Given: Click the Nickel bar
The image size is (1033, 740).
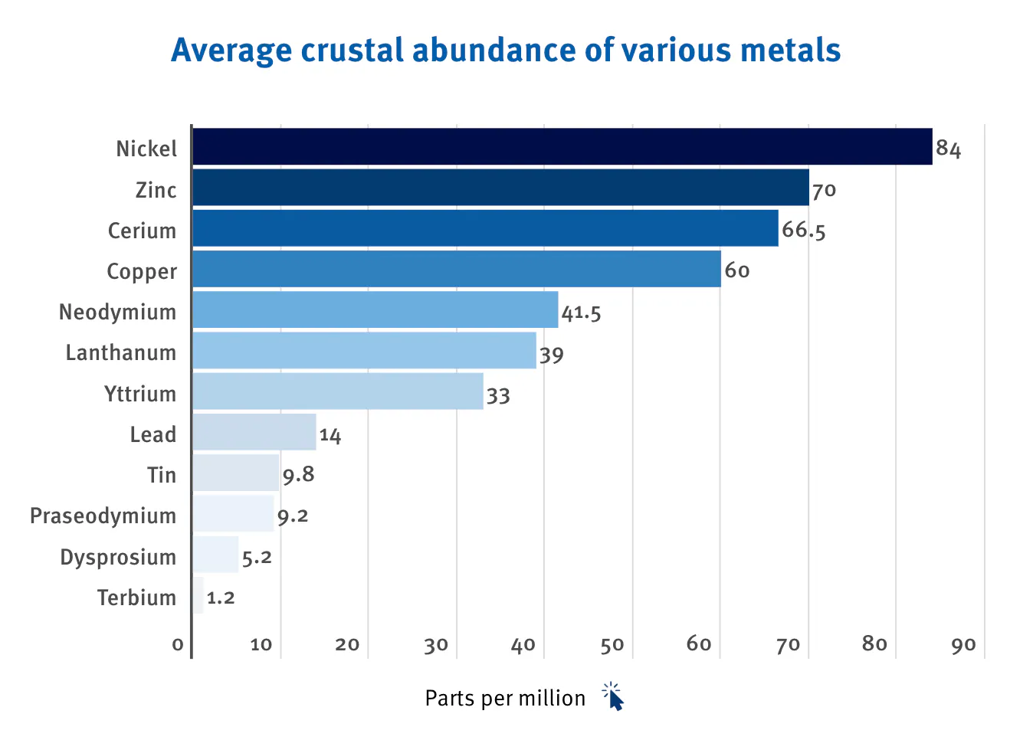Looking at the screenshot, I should pos(562,146).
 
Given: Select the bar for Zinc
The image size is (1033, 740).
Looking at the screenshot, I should pos(500,188).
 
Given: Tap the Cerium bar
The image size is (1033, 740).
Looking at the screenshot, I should pos(485,228).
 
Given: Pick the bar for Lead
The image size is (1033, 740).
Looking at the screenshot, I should pos(254,432).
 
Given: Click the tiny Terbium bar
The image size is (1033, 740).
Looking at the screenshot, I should pos(198,595).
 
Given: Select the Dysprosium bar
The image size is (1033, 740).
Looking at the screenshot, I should pos(215,555).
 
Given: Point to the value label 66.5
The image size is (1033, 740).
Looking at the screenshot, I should pos(803,230).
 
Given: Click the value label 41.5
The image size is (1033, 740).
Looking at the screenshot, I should pos(581,313).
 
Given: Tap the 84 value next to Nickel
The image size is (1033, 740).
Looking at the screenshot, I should pos(948,149).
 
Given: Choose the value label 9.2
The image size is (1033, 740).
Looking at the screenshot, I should pos(293,516).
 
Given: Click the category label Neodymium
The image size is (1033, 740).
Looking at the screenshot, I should pos(118,313).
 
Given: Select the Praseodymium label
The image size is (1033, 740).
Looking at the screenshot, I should pos(103,516).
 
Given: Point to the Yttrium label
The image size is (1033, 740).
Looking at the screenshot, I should pos(140,394).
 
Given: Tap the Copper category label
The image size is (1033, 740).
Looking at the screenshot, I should pos(142,272).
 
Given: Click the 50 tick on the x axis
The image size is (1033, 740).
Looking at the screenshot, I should pos(612,645).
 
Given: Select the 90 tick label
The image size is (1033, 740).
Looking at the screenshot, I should pos(963,645).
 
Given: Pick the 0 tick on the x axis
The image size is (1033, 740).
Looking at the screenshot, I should pos(178,645).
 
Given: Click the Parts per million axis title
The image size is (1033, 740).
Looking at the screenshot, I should pos(505,699).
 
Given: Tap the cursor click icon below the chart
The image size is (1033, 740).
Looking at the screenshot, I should pos(614,696).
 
